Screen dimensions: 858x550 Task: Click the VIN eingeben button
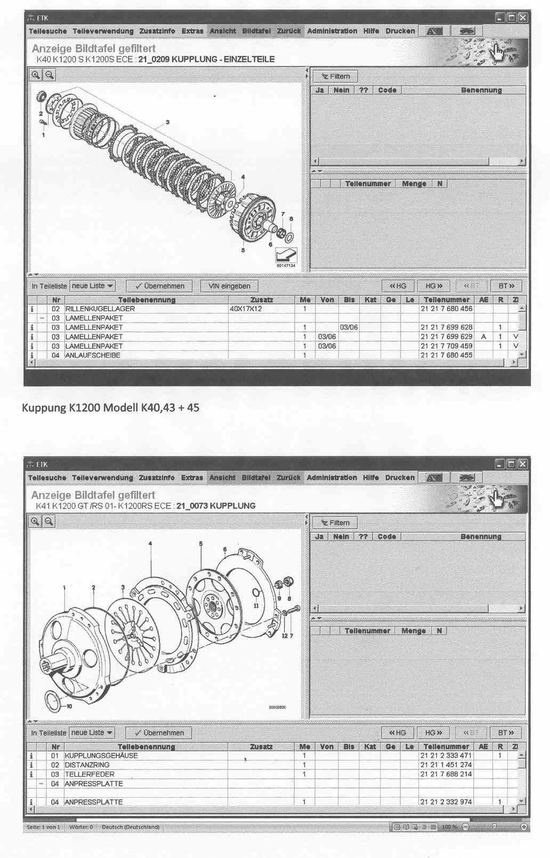229,286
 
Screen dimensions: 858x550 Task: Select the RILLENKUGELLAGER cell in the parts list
100,309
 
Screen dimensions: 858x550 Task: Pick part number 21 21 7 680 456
446,309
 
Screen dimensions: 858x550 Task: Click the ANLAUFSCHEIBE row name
93,355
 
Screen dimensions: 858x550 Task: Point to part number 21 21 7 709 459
446,346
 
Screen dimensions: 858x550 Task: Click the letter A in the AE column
483,337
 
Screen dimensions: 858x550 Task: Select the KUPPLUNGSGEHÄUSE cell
101,756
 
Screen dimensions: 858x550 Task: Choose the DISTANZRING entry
87,765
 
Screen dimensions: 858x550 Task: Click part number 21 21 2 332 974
446,802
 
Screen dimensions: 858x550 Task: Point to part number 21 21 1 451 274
446,765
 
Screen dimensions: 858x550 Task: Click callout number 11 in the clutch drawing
256,606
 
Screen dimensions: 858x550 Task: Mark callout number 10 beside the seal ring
69,706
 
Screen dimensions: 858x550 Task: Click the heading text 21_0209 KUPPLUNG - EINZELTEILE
206,59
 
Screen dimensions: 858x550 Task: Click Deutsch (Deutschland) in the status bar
131,827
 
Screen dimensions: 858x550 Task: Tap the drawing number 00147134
286,265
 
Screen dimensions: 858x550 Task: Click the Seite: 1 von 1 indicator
43,827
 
